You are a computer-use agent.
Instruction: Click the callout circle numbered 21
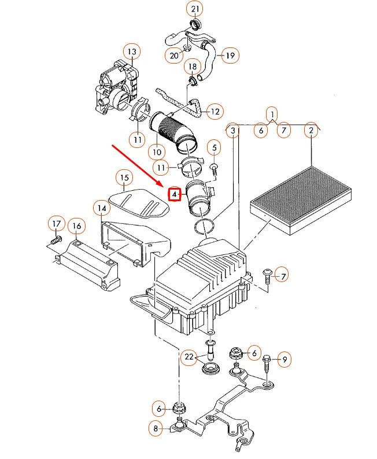pyautogui.click(x=194, y=9)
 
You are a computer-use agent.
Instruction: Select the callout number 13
pyautogui.click(x=132, y=52)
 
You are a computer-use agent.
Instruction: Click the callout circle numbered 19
pyautogui.click(x=230, y=56)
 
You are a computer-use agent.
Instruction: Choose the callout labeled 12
pyautogui.click(x=215, y=111)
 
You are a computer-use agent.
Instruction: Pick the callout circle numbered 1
pyautogui.click(x=272, y=113)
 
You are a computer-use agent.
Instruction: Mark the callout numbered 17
pyautogui.click(x=56, y=224)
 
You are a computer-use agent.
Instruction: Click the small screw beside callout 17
pyautogui.click(x=56, y=238)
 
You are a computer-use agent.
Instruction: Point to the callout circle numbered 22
pyautogui.click(x=189, y=358)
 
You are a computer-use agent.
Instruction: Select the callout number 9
pyautogui.click(x=284, y=360)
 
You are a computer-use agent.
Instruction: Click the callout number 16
pyautogui.click(x=76, y=224)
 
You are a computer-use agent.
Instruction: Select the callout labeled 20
pyautogui.click(x=174, y=55)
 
